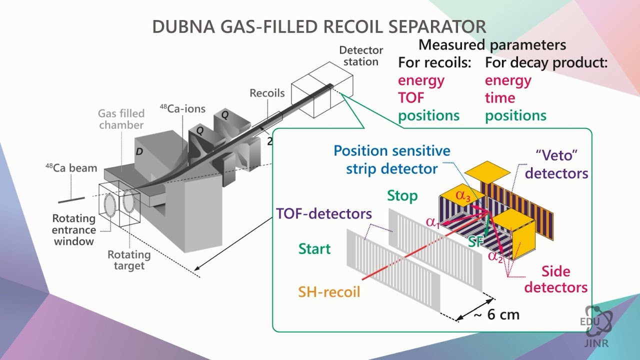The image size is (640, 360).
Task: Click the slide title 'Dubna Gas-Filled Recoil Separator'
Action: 319,26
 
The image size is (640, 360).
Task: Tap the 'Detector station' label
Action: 361,56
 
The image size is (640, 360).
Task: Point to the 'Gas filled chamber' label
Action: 121,119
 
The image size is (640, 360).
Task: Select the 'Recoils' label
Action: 267,93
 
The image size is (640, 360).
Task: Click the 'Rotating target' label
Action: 129,260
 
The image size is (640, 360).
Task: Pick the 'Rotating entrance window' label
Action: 74,230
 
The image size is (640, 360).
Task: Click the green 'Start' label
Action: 314,248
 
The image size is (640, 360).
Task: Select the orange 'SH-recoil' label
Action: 329,292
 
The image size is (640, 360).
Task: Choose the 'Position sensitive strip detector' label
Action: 392,159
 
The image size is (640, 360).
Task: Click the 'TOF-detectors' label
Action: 324,214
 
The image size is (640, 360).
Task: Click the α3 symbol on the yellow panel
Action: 463,195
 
